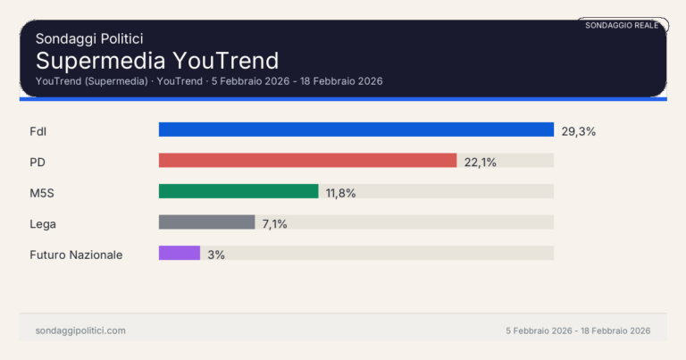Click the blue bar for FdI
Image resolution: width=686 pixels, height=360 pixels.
356,130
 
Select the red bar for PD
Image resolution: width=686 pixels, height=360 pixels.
307,161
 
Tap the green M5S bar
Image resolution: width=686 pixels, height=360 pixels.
238,191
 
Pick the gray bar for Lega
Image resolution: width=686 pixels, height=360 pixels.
206,222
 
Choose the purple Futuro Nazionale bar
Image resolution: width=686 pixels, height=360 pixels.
179,253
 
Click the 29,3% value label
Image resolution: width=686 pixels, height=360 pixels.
578,131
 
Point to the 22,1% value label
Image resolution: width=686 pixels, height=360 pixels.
481,162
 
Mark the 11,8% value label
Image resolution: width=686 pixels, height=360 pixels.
341,192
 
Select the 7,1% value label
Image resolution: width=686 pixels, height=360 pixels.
274,223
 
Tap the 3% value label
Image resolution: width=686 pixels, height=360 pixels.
216,254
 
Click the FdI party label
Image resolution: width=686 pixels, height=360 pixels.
38,131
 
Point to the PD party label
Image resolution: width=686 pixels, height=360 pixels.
38,162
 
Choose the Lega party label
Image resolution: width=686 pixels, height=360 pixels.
43,223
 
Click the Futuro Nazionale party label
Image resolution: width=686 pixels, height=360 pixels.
76,254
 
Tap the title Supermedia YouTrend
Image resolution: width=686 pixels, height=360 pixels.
157,61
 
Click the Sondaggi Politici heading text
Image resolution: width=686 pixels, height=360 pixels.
89,38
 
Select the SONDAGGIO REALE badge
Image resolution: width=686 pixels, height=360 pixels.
622,25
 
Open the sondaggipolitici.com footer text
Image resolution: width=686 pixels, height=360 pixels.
80,331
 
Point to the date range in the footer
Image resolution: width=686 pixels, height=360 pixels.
577,331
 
